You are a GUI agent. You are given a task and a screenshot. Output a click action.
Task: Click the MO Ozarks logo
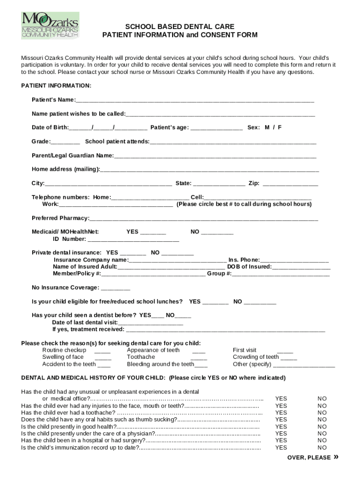(x=50, y=25)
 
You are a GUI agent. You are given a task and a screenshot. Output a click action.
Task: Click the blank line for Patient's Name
(x=194, y=101)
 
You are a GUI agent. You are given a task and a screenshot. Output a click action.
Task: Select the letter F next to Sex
(x=280, y=128)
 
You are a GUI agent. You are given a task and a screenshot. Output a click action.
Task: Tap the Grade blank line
(x=65, y=142)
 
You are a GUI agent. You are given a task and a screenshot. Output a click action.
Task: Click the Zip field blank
(x=290, y=184)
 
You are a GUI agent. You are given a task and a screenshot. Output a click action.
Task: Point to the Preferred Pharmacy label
(x=60, y=218)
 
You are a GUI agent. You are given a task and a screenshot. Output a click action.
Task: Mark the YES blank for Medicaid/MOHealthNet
(x=153, y=232)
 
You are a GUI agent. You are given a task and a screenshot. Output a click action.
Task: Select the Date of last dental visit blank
(x=151, y=323)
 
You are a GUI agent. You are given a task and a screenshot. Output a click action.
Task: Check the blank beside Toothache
(x=199, y=358)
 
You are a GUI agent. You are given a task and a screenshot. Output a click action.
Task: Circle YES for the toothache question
(x=281, y=413)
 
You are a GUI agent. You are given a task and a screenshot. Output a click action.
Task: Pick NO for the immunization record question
(x=322, y=448)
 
